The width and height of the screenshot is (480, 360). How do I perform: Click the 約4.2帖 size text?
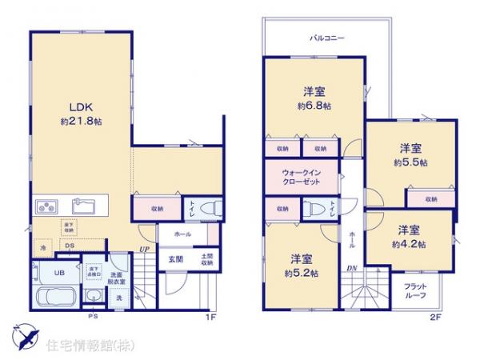click(409, 243)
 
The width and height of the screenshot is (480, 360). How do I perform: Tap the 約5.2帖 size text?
click(301, 273)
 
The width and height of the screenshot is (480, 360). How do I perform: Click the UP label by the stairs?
click(144, 250)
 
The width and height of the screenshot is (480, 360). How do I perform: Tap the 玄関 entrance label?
click(176, 259)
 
